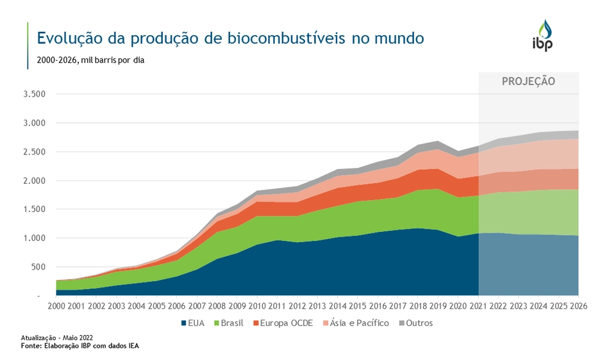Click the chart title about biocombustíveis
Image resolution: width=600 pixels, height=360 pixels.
click(230, 38)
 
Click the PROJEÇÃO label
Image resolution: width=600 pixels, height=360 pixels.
click(528, 81)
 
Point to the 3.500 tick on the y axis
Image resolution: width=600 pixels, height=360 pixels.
click(33, 94)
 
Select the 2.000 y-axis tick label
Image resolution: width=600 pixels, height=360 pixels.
click(33, 181)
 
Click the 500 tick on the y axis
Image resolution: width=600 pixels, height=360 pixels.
click(38, 267)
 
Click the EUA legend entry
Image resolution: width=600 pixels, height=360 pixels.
click(192, 323)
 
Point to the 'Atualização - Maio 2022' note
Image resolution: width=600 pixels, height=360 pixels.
click(56, 338)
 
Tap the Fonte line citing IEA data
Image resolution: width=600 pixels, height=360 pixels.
click(79, 346)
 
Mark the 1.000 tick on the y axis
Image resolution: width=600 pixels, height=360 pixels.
click(33, 238)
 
